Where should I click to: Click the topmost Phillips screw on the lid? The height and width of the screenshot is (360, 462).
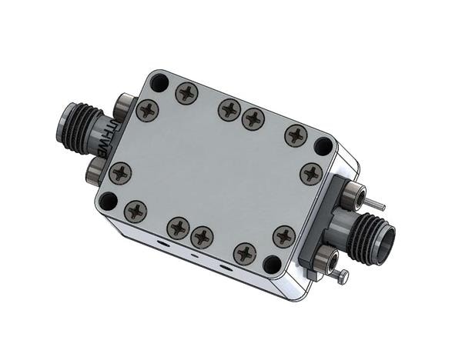(x=187, y=93)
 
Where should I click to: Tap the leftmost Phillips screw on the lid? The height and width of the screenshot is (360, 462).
(x=120, y=173)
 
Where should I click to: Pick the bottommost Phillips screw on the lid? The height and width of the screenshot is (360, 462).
(x=245, y=252)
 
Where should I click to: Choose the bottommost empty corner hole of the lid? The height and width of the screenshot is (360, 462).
(x=273, y=264)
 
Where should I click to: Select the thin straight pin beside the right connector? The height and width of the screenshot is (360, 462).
(x=375, y=205)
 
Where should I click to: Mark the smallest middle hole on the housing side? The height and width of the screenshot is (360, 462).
(x=193, y=255)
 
